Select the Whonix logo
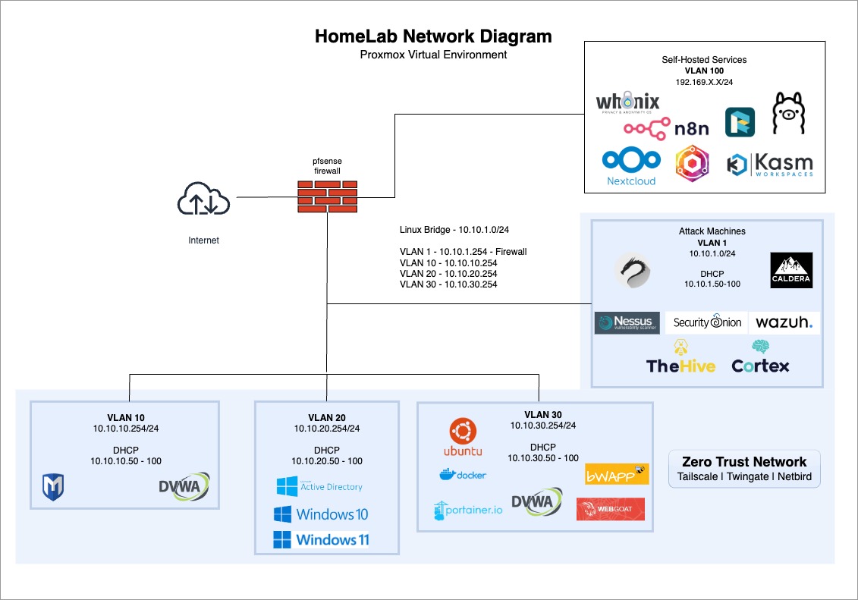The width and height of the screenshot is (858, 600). tap(627, 103)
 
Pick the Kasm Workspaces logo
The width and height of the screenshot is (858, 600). tap(769, 165)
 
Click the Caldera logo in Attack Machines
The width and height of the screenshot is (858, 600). tap(791, 270)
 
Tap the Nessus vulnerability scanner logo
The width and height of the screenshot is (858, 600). tap(627, 323)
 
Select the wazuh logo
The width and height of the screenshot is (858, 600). tap(784, 323)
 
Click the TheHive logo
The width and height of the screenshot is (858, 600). tap(680, 357)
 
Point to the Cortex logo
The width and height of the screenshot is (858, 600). tap(760, 357)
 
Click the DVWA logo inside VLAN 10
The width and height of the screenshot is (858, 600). tap(184, 488)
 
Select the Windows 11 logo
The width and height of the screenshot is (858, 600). tap(321, 539)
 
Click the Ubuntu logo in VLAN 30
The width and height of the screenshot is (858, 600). tap(462, 438)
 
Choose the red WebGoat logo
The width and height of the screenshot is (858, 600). tap(610, 508)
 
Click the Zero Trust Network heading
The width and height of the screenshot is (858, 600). tap(744, 462)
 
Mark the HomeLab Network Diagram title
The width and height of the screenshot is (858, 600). tap(433, 36)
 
